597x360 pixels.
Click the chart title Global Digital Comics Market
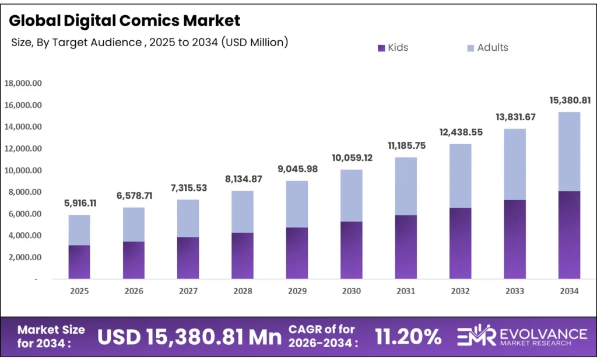124,20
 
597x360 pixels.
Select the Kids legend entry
393,48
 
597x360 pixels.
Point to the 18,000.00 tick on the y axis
23,83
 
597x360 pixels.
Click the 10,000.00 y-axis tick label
23,170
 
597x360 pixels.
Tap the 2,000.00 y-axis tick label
23,257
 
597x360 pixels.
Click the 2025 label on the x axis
79,291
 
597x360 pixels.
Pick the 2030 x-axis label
351,291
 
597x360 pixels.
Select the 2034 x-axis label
569,291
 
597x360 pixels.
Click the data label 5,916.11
79,204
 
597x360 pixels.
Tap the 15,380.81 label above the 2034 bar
569,101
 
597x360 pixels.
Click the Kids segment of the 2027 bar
188,257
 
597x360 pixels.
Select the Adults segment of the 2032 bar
460,176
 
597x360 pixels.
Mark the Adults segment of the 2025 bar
79,230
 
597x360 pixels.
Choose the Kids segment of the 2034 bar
569,235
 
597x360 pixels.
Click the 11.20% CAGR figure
409,337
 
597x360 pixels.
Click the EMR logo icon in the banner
471,337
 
